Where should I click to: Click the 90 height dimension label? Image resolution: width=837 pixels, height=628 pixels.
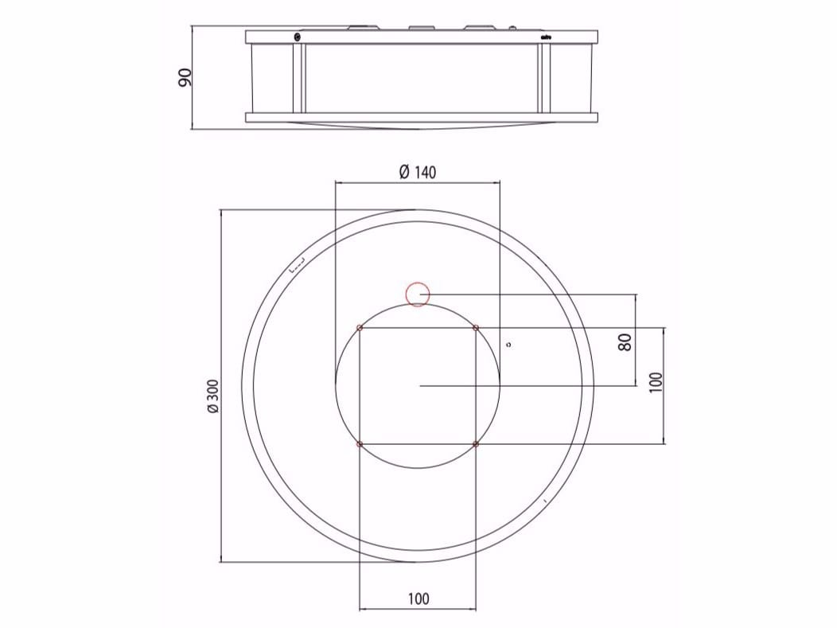[185, 77]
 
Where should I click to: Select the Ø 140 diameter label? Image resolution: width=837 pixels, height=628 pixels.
[417, 172]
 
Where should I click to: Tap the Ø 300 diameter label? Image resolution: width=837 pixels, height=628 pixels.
[212, 396]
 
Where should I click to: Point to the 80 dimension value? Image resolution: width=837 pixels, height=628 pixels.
[625, 342]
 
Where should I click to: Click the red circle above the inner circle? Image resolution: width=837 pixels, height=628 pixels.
[418, 294]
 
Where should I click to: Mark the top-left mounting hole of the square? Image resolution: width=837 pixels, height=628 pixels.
[360, 328]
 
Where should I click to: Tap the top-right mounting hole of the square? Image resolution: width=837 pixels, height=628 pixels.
[476, 328]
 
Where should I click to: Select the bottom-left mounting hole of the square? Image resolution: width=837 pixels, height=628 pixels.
[360, 443]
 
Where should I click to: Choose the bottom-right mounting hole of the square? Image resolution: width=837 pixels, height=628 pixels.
[476, 443]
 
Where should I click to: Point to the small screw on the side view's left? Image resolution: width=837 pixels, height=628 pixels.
[297, 37]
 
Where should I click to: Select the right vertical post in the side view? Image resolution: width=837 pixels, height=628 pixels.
[544, 77]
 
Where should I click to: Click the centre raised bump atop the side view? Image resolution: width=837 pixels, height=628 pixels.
[419, 29]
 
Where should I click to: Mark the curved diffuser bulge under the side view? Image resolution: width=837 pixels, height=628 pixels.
[420, 126]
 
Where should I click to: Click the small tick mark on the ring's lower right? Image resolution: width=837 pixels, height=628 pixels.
[543, 501]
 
